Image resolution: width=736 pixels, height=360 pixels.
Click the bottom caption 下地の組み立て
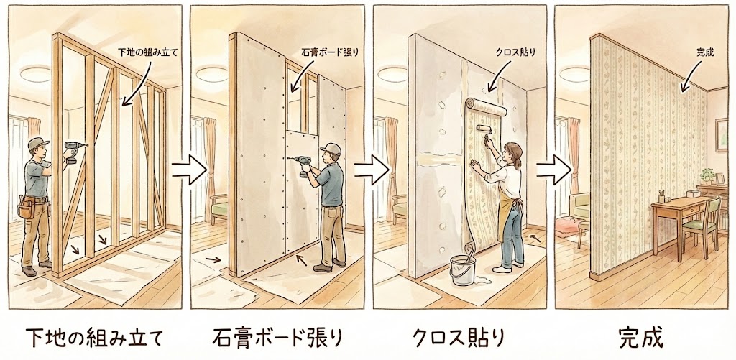(94, 337)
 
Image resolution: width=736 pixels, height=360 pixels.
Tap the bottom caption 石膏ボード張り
(277, 337)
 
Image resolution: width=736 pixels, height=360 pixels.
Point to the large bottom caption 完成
(641, 337)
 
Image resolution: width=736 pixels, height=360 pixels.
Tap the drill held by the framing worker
(72, 151)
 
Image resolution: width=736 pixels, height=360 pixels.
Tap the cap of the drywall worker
(331, 149)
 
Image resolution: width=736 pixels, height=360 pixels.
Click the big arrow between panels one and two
(188, 172)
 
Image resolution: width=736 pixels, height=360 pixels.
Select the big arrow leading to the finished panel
(554, 172)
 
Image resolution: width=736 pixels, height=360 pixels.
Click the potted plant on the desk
(707, 176)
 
